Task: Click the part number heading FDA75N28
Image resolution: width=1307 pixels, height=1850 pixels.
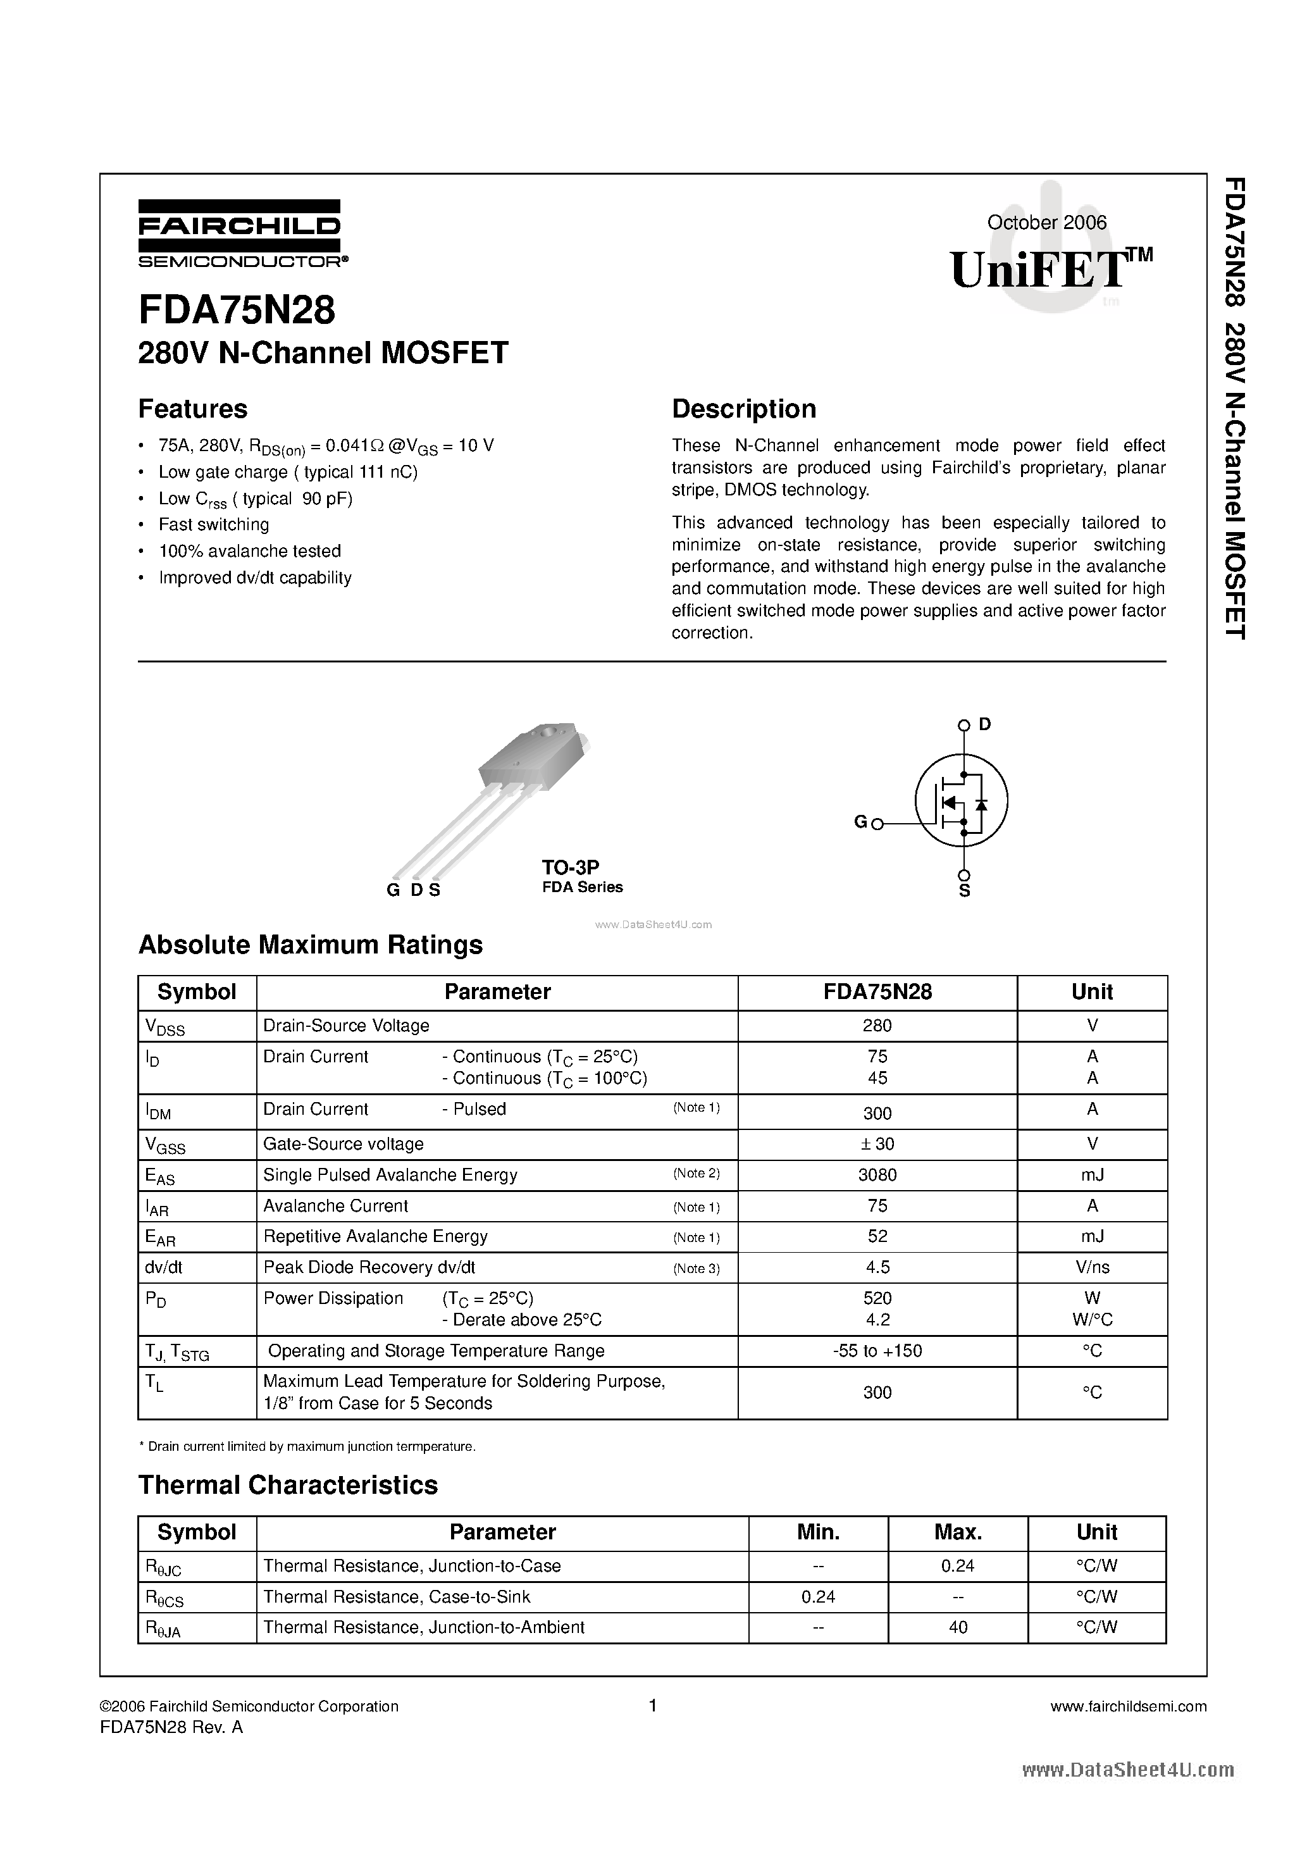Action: pyautogui.click(x=236, y=310)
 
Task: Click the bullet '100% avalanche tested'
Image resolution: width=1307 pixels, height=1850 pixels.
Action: pyautogui.click(x=250, y=551)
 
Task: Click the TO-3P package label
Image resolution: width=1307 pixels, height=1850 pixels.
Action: pyautogui.click(x=570, y=867)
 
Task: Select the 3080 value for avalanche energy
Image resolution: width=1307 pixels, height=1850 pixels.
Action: pyautogui.click(x=877, y=1175)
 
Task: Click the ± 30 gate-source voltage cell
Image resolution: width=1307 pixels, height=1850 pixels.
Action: pyautogui.click(x=877, y=1144)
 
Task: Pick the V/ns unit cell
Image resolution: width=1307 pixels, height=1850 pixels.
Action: pyautogui.click(x=1092, y=1267)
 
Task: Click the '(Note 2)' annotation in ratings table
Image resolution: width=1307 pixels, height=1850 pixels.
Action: pyautogui.click(x=697, y=1173)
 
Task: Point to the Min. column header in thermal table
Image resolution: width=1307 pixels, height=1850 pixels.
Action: pyautogui.click(x=818, y=1532)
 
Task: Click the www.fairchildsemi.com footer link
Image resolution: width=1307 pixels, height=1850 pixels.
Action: pyautogui.click(x=1128, y=1706)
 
